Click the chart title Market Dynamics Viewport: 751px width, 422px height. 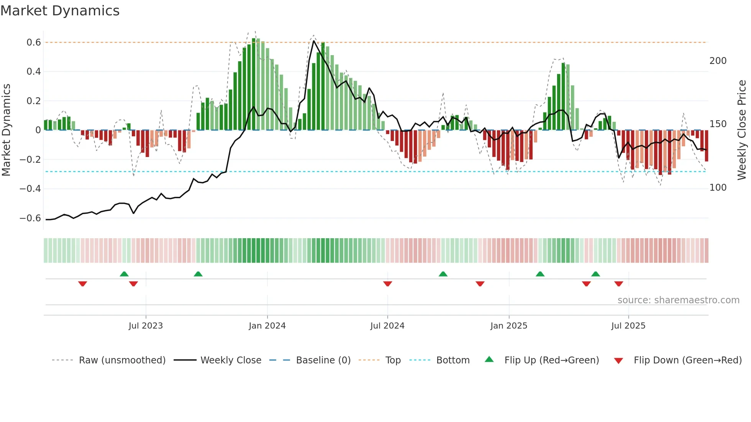[60, 11]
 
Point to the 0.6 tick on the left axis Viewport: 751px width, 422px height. [34, 43]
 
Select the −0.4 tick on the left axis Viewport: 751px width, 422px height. [30, 189]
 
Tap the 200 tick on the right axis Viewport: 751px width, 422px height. [718, 61]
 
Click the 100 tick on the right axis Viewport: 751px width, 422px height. [718, 188]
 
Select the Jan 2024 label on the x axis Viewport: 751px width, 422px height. [267, 326]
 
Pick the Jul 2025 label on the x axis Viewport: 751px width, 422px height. [628, 326]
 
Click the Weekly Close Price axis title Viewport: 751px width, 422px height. [742, 130]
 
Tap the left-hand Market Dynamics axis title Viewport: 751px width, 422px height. [7, 130]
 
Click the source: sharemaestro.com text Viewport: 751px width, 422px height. [678, 300]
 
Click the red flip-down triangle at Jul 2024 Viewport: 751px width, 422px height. [387, 284]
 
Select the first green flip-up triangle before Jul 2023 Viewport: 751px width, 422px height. [124, 274]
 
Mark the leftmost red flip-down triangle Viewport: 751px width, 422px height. [82, 284]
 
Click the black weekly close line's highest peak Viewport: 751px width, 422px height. [314, 41]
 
